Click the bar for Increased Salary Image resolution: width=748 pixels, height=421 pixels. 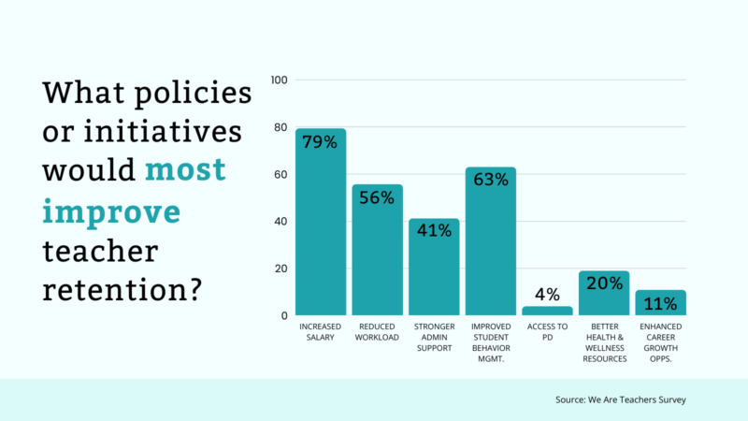coord(321,225)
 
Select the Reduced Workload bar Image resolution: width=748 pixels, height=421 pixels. coord(377,253)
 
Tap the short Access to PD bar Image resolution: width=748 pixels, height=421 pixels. coord(547,311)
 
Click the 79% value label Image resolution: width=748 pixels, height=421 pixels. coord(321,143)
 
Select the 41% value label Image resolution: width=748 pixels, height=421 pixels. coord(434,232)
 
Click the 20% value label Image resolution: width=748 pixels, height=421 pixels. coord(604,283)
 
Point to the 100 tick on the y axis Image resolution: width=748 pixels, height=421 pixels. coord(278,80)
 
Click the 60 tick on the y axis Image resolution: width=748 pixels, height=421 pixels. coord(280,175)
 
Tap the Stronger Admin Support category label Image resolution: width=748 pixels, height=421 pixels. coord(434,337)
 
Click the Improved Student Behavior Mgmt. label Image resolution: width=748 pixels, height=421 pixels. coord(490,341)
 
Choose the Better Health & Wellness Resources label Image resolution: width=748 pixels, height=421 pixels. coord(604,341)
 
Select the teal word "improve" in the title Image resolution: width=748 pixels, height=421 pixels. coord(111,211)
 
